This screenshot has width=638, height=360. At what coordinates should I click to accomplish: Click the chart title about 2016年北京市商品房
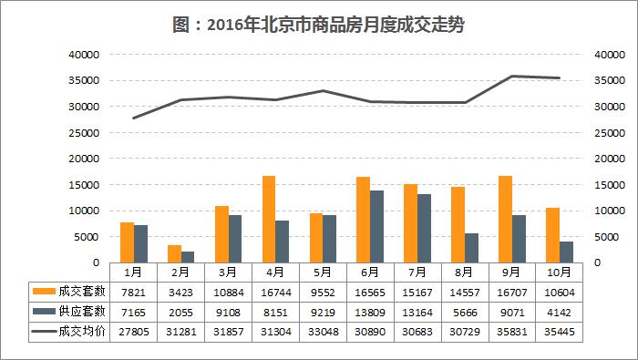pyautogui.click(x=318, y=24)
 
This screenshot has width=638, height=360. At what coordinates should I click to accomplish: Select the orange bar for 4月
pyautogui.click(x=269, y=219)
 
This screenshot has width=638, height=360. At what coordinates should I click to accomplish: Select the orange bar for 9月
pyautogui.click(x=505, y=219)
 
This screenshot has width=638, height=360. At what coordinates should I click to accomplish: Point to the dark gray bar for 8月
pyautogui.click(x=472, y=248)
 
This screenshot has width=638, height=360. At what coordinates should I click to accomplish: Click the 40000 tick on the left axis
pyautogui.click(x=83, y=55)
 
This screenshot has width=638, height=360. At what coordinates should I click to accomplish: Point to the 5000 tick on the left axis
pyautogui.click(x=86, y=237)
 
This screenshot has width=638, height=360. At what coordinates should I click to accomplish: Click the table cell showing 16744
pyautogui.click(x=274, y=292)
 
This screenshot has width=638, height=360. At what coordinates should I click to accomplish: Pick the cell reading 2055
pyautogui.click(x=180, y=311)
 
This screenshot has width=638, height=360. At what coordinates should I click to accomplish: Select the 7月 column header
pyautogui.click(x=417, y=272)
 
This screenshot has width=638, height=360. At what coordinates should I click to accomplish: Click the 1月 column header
pyautogui.click(x=132, y=272)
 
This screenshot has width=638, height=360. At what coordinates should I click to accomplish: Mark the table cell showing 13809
pyautogui.click(x=369, y=311)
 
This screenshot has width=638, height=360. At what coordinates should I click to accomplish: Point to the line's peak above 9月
pyautogui.click(x=512, y=76)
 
